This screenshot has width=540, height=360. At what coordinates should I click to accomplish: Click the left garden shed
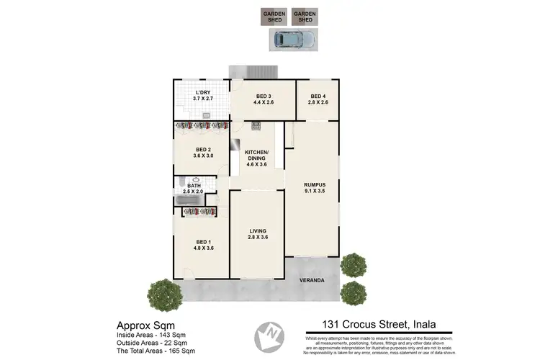pyautogui.click(x=273, y=17)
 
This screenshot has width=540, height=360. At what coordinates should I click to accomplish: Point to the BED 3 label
pyautogui.click(x=262, y=99)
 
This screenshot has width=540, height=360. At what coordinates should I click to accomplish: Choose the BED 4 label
pyautogui.click(x=318, y=99)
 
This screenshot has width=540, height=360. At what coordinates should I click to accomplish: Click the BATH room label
pyautogui.click(x=194, y=188)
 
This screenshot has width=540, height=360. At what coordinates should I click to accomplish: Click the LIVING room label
pyautogui.click(x=257, y=233)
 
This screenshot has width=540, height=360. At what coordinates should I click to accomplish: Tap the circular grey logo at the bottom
pyautogui.click(x=270, y=336)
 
